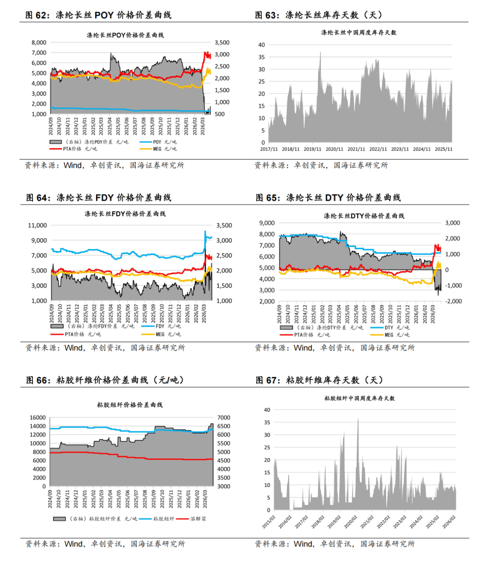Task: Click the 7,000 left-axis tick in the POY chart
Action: click(x=39, y=53)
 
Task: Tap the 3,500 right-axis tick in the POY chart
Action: click(x=222, y=43)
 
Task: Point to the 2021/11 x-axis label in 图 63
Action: click(x=356, y=150)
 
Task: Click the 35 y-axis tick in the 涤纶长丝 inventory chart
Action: click(x=261, y=57)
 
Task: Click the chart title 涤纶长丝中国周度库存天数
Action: click(x=359, y=32)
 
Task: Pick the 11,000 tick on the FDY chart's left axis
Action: click(x=37, y=226)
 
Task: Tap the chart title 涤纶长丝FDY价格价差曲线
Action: click(x=125, y=214)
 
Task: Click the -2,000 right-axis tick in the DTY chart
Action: click(x=452, y=301)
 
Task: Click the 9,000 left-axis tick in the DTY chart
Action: click(x=267, y=223)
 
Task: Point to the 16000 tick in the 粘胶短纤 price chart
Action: click(x=37, y=418)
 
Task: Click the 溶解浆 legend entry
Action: click(x=198, y=519)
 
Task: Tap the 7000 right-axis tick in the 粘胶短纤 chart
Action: click(x=224, y=418)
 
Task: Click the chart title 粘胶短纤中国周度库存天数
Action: click(x=359, y=399)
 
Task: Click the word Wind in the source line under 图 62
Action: click(x=73, y=166)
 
